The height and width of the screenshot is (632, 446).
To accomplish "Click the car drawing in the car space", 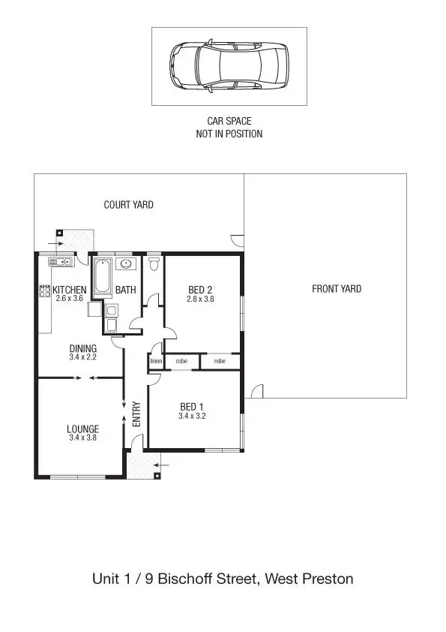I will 229,67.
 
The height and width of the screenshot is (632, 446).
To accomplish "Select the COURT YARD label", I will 128,204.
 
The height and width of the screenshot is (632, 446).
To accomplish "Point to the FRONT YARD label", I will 337,289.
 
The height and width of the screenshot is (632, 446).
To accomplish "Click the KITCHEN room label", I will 70,290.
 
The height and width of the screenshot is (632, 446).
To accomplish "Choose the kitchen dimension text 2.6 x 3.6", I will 70,299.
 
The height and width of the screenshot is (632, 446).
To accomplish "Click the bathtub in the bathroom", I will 102,277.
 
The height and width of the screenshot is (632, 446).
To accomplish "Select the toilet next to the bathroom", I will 154,263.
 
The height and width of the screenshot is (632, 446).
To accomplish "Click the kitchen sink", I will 59,262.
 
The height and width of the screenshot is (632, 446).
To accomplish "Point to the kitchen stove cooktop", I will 44,290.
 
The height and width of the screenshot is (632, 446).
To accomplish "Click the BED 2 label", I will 200,290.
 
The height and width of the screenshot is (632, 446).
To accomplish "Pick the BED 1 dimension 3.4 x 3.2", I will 193,415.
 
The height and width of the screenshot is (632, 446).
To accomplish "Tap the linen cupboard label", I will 156,361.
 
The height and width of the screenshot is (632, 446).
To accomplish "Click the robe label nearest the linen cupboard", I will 181,361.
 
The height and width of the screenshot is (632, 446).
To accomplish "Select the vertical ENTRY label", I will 136,414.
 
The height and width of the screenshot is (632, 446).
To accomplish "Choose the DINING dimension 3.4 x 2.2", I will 82,357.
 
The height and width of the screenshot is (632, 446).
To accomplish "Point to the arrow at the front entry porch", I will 164,465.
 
